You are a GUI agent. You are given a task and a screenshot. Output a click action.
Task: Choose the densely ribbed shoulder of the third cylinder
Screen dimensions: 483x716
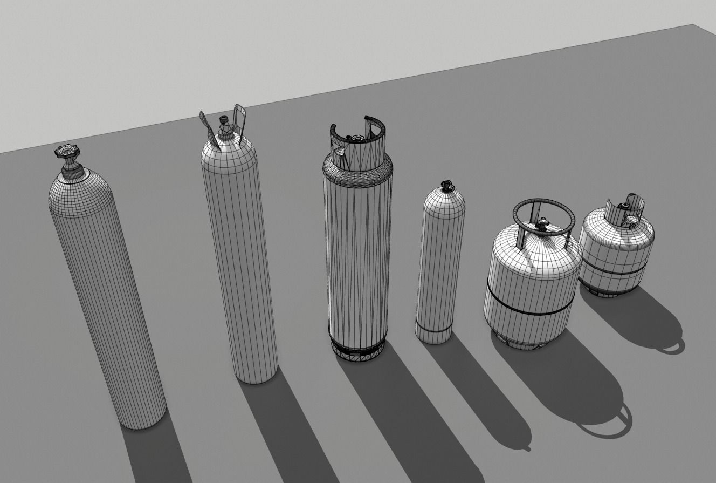(358, 172)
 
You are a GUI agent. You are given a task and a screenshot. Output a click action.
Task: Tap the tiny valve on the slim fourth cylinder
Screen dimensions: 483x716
(446, 186)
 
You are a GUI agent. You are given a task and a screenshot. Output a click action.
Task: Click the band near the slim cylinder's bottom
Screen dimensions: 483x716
(433, 328)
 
